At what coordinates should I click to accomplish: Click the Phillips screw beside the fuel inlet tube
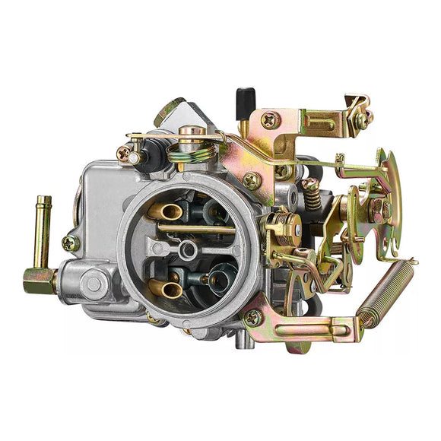coord(70,243)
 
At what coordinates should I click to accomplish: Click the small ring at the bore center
coord(187,249)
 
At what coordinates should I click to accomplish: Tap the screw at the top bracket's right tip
coord(363,118)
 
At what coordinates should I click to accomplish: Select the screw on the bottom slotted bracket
coord(252,318)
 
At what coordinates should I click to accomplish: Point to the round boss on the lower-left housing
coord(94,284)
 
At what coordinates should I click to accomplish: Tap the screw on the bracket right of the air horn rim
coord(251,180)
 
